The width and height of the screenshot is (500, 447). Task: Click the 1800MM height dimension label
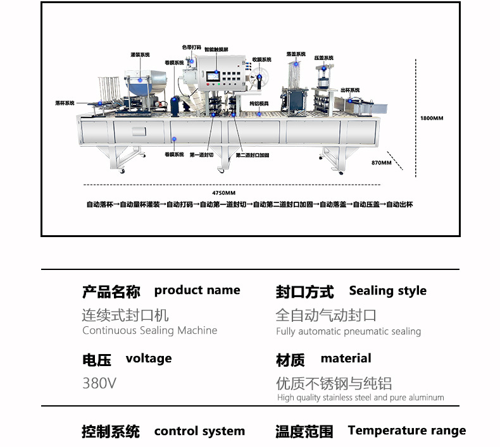pos(432,118)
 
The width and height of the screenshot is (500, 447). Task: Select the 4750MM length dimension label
pos(223,192)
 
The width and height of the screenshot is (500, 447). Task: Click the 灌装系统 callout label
pos(140,54)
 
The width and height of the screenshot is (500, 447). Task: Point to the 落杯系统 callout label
pos(65,102)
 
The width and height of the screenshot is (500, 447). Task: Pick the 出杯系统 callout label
pos(350,90)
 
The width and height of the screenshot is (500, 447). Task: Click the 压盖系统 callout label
pos(323,57)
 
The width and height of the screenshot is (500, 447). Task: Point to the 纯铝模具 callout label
pos(259,103)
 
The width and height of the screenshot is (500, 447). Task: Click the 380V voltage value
pos(99,383)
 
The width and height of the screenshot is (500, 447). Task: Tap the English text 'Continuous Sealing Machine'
pos(149,331)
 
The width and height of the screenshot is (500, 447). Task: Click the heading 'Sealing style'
pos(387,291)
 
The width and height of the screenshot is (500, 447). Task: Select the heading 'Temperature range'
pos(406,431)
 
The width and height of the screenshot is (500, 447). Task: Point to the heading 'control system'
pos(199,431)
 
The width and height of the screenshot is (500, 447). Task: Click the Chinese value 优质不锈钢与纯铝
pos(334,383)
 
